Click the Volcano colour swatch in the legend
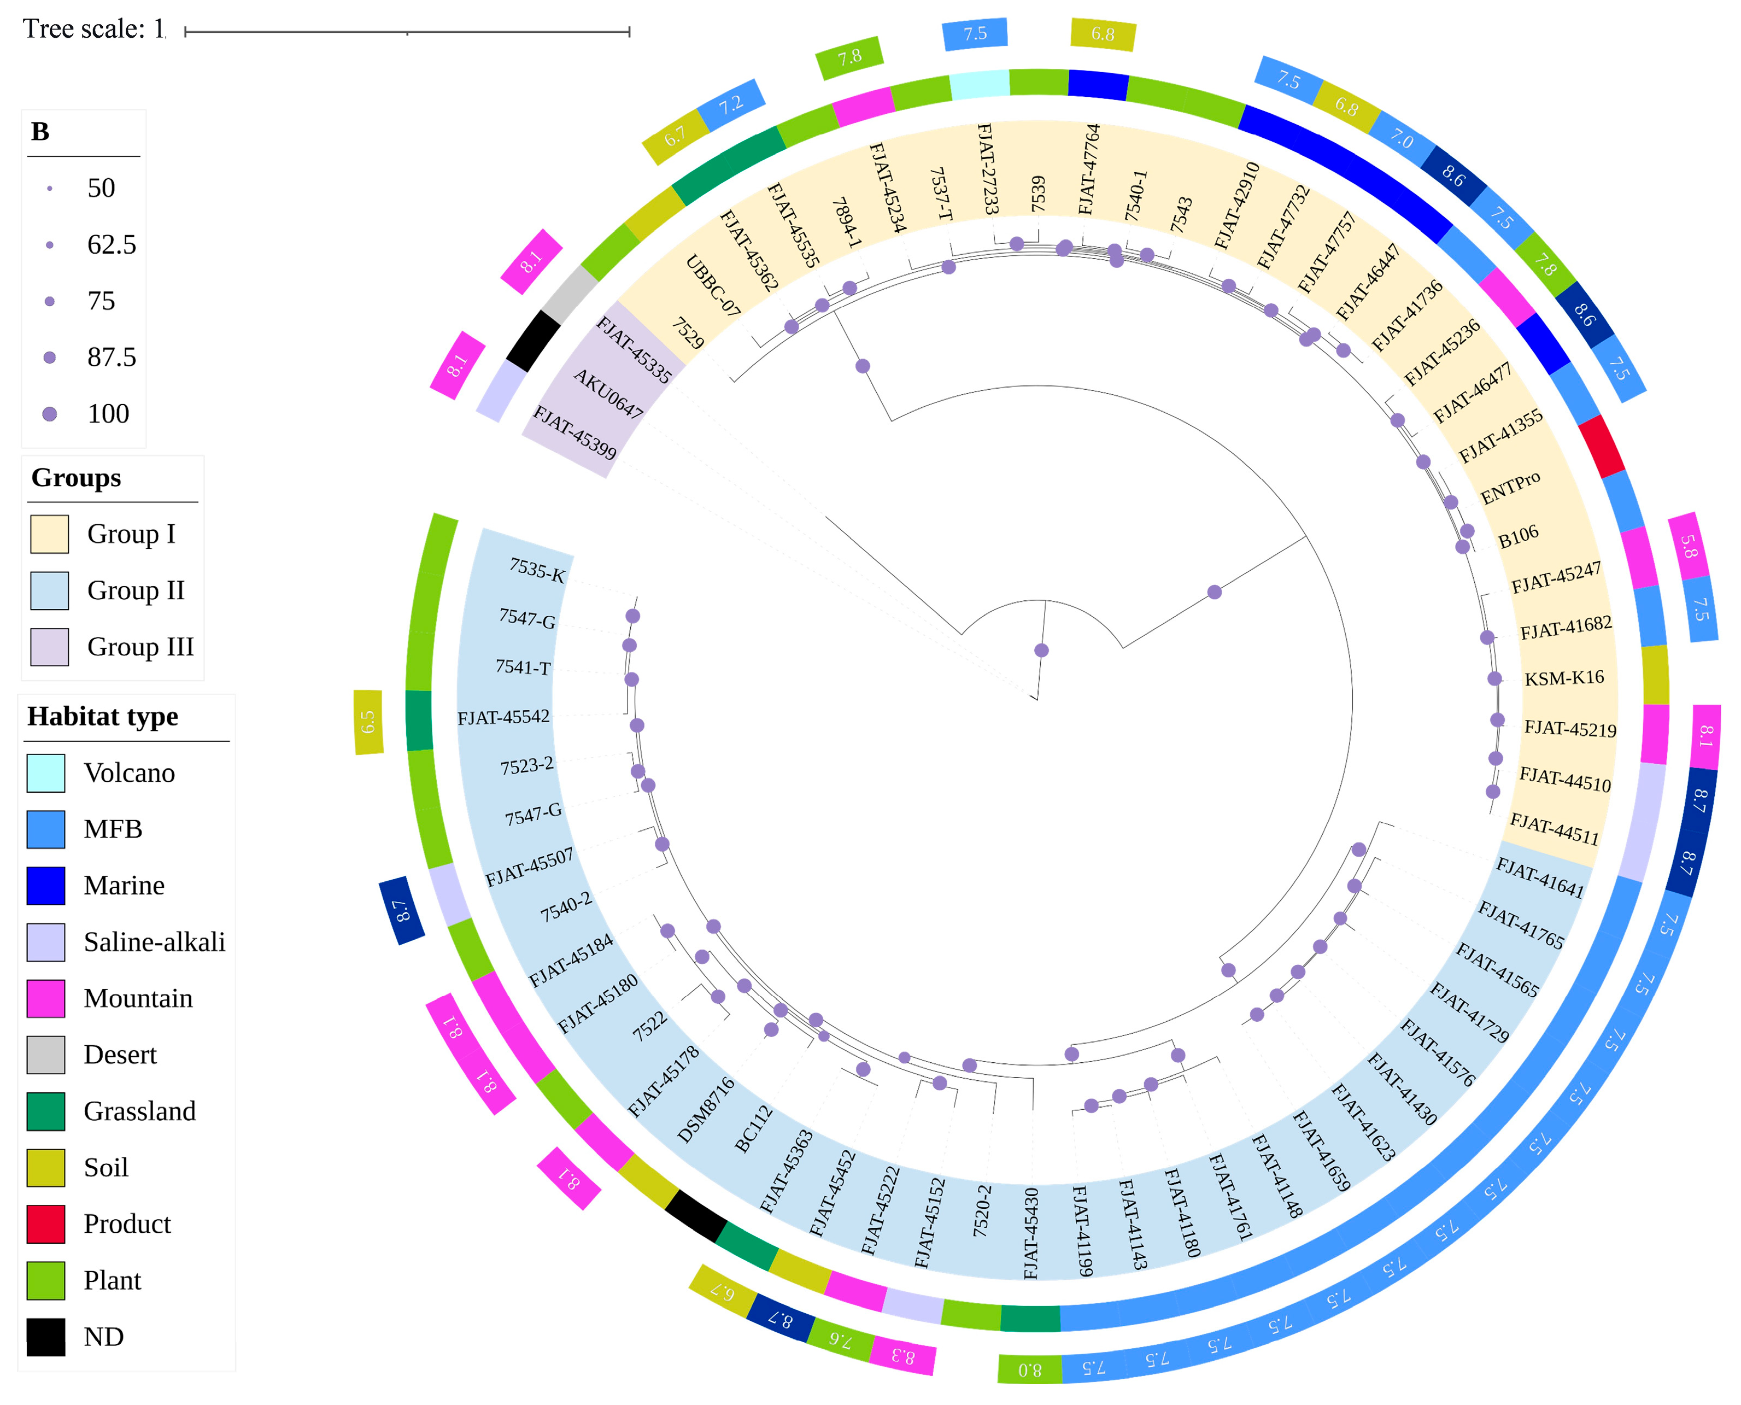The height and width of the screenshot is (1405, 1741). click(45, 773)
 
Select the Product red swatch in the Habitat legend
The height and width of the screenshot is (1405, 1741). click(45, 1223)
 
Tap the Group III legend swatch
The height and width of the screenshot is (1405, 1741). click(49, 647)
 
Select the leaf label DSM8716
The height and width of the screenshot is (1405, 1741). click(706, 1110)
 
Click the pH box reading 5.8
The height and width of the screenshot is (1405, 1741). click(1689, 546)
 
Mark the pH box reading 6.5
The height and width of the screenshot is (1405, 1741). click(368, 722)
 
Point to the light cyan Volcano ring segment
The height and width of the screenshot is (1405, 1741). click(979, 84)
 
